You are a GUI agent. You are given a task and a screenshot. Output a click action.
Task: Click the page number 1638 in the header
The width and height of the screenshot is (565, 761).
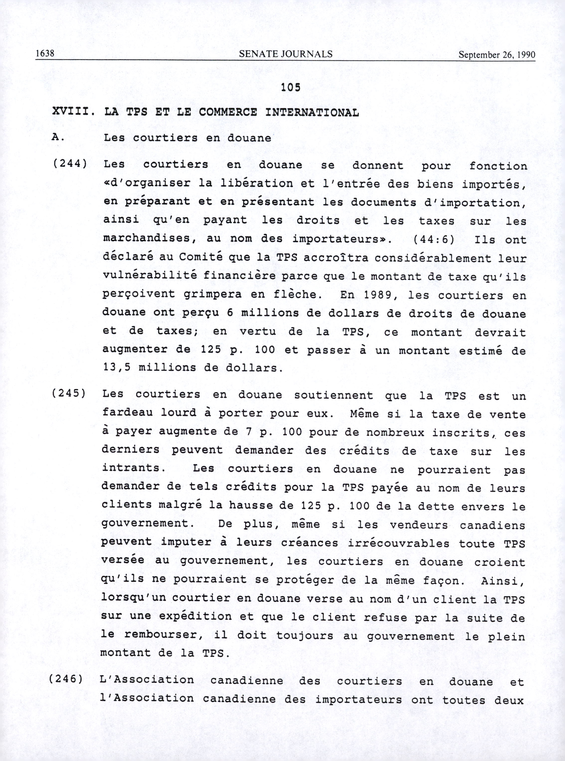45,54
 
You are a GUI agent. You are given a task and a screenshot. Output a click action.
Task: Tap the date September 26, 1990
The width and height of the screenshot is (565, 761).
497,55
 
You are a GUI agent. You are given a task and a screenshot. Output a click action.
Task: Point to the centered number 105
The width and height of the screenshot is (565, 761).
290,88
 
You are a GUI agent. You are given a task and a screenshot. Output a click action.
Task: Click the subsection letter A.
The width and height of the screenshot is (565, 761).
56,137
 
